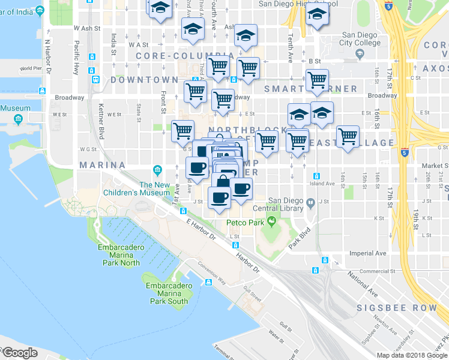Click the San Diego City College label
click(x=360, y=39)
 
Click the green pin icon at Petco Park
click(x=271, y=223)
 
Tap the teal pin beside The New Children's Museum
click(x=157, y=169)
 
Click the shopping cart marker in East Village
click(x=348, y=137)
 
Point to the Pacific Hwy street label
click(x=76, y=58)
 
